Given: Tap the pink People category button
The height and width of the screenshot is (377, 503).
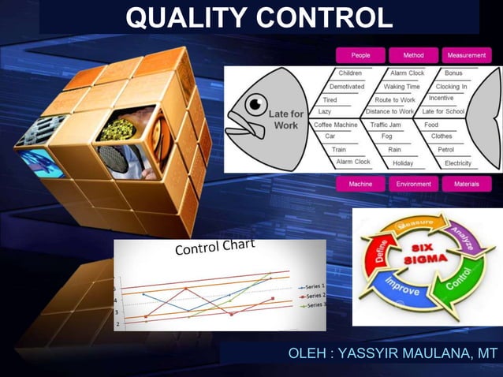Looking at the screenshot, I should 360,55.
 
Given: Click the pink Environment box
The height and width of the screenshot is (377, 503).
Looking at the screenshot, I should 413,184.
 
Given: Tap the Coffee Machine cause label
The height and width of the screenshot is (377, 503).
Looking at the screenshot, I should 336,125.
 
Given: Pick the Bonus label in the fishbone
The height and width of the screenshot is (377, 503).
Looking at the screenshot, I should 453,73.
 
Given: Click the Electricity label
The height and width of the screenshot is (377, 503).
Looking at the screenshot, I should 458,162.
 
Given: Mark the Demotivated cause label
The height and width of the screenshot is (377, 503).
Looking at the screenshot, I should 347,86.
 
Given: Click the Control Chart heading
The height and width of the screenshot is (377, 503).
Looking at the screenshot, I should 214,248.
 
